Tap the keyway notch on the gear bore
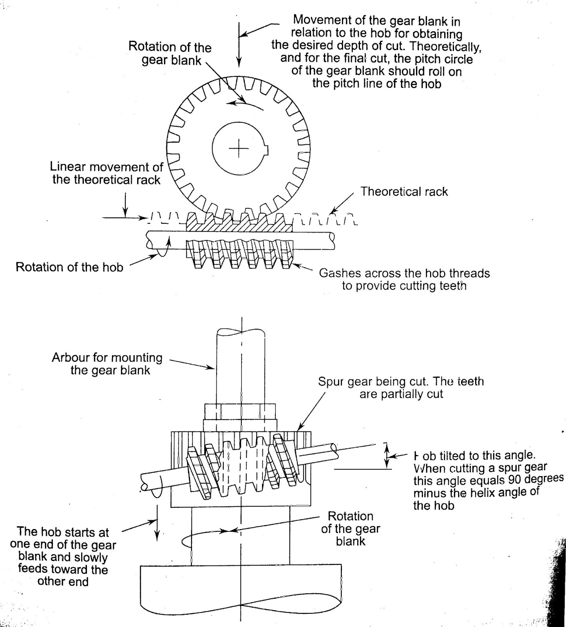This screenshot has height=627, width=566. click(x=268, y=149)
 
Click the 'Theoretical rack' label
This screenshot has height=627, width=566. click(x=404, y=192)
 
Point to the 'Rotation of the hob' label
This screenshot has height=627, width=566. click(x=69, y=267)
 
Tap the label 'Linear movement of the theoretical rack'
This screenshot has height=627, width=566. click(x=106, y=173)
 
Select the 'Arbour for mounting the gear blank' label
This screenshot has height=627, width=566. click(x=107, y=364)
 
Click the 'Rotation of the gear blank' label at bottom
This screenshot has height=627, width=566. click(x=350, y=529)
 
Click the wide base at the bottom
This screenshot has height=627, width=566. click(x=241, y=592)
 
